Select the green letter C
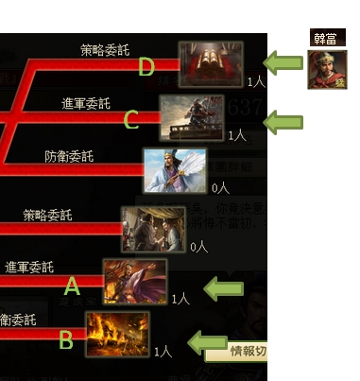click(x=130, y=121)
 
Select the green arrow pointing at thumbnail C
click(x=283, y=122)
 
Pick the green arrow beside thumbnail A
click(x=224, y=289)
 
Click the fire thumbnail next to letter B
click(x=117, y=334)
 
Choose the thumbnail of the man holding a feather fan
click(x=175, y=171)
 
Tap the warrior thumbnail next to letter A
click(x=135, y=281)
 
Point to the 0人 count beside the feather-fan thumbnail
click(x=220, y=188)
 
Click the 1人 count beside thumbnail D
click(x=255, y=82)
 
